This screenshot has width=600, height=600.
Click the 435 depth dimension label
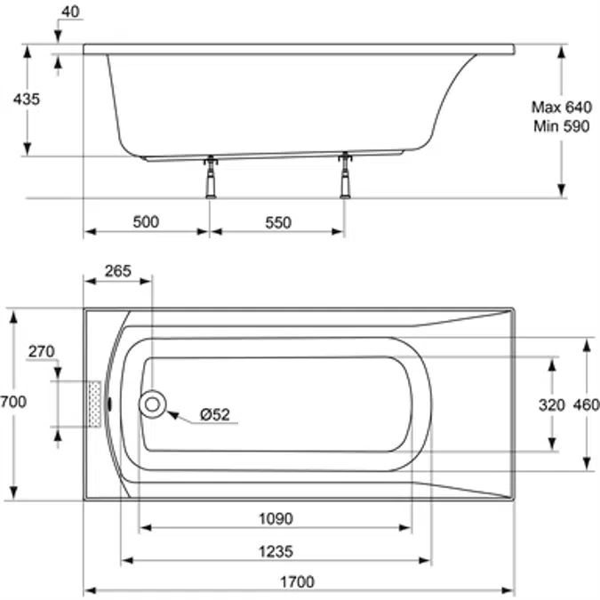pyautogui.click(x=27, y=100)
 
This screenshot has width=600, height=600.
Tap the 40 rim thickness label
pyautogui.click(x=71, y=12)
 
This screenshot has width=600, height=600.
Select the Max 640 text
pyautogui.click(x=562, y=108)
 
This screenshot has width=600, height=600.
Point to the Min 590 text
pyautogui.click(x=562, y=126)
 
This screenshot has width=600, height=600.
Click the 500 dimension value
pyautogui.click(x=146, y=222)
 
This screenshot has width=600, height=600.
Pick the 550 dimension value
pyautogui.click(x=278, y=223)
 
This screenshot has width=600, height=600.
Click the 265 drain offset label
pyautogui.click(x=118, y=271)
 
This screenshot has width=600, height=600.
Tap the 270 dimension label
pyautogui.click(x=41, y=351)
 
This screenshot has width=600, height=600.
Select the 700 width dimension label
pyautogui.click(x=13, y=402)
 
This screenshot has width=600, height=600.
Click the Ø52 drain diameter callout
pyautogui.click(x=215, y=414)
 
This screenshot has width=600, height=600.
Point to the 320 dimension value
pyautogui.click(x=552, y=404)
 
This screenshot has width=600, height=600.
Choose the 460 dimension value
pyautogui.click(x=586, y=404)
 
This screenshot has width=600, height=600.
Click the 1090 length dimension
pyautogui.click(x=276, y=519)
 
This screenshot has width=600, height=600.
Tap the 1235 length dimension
pyautogui.click(x=276, y=552)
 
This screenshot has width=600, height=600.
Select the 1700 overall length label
pyautogui.click(x=298, y=582)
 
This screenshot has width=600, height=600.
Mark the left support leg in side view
pyautogui.click(x=211, y=177)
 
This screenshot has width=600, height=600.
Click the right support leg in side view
pyautogui.click(x=345, y=176)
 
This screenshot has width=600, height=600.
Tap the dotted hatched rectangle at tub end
pyautogui.click(x=94, y=404)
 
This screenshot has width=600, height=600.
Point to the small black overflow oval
pyautogui.click(x=110, y=404)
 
